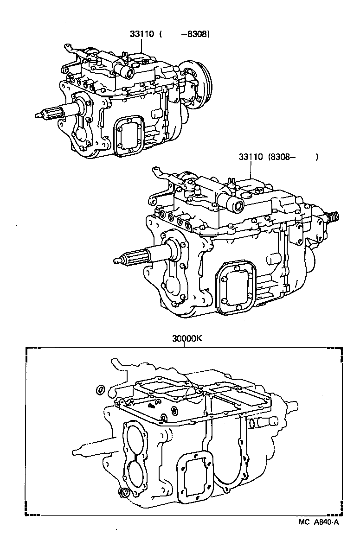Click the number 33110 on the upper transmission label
(x=141, y=34)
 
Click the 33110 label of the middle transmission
(x=251, y=157)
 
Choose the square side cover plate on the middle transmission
(x=236, y=286)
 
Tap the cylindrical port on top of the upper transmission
(x=126, y=73)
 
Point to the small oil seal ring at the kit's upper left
(x=99, y=390)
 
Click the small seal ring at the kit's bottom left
(x=124, y=494)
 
